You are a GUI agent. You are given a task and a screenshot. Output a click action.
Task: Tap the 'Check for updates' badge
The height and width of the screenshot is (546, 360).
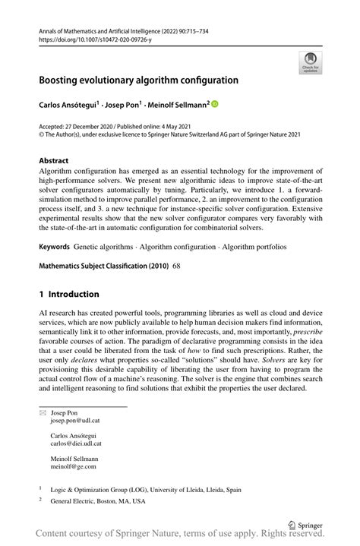click(x=310, y=63)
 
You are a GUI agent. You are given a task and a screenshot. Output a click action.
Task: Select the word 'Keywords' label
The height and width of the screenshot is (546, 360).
click(x=55, y=248)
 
